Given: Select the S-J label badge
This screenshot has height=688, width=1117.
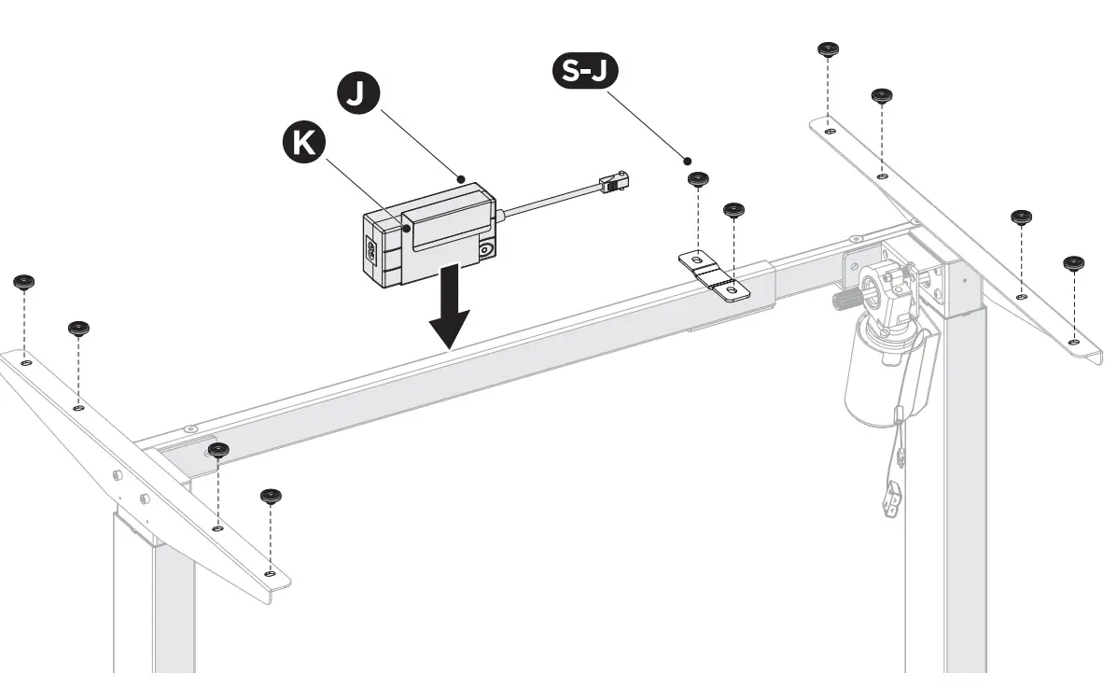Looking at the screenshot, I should pos(585,73).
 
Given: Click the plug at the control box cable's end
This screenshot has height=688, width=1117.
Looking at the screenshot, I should pos(615,181).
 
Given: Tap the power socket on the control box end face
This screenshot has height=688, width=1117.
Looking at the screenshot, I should pos(371,250).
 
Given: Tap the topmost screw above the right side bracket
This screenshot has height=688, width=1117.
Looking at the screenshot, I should pos(827,49).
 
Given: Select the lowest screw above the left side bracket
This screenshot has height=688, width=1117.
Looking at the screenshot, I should pos(272,495).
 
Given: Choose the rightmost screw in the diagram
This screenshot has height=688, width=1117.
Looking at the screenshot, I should pos(1074,263).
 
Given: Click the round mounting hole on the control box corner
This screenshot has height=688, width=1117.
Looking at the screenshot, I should pos(487,251).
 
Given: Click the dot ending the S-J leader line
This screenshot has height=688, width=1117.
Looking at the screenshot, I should pos(689,161).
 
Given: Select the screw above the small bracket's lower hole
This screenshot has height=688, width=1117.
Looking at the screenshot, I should pos(734,210).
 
